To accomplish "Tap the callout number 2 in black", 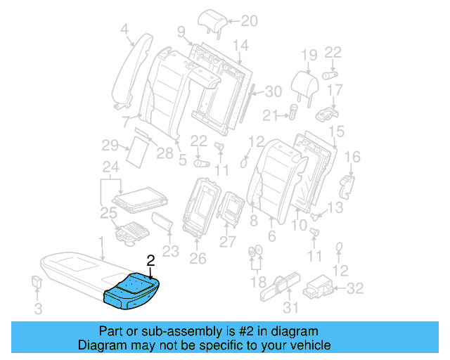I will point(150,260).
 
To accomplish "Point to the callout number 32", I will point(356,287).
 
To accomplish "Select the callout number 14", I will point(240,46).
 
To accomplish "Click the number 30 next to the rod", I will point(274,91).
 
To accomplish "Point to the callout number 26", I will point(198,258).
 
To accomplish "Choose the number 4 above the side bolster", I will point(124,29).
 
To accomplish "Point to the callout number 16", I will point(353,157).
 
